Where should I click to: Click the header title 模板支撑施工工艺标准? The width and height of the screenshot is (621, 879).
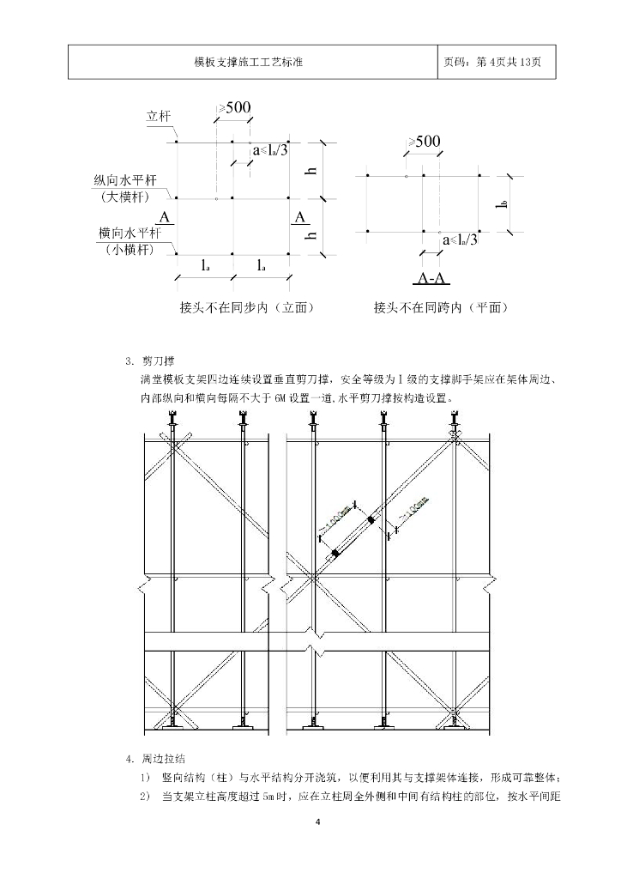(x=251, y=62)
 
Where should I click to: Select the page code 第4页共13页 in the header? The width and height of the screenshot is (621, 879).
(x=498, y=62)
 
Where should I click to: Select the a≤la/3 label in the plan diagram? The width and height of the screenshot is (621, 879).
(x=461, y=240)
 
